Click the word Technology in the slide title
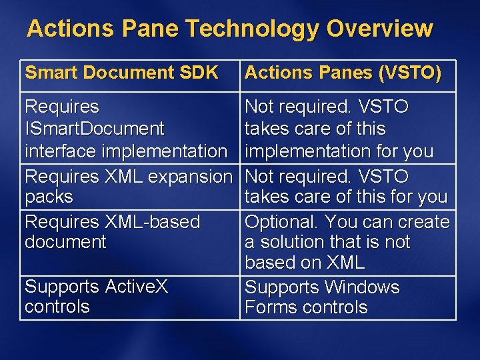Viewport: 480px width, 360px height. click(253, 29)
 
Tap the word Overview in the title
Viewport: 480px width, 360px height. click(379, 29)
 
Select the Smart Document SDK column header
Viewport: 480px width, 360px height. click(121, 73)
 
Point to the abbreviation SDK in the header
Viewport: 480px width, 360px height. click(199, 73)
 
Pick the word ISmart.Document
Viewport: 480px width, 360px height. click(94, 128)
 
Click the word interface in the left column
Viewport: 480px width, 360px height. click(61, 151)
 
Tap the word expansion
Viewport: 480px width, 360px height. click(190, 177)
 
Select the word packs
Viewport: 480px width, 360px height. click(49, 197)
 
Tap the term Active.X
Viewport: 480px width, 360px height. click(136, 287)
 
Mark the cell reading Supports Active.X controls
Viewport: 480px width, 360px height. click(129, 297)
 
